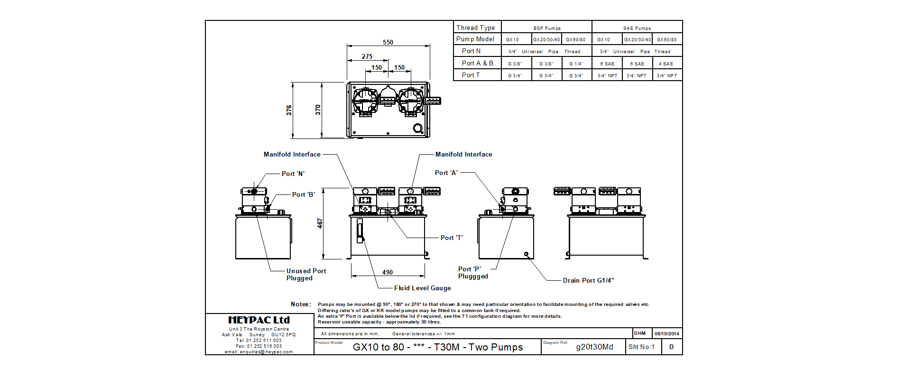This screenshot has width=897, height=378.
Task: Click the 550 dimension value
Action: coord(388,42)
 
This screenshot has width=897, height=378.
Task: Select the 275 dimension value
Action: coord(367,56)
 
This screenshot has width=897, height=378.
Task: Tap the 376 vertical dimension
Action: coord(289,110)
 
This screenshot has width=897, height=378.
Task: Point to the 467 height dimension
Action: coord(320,223)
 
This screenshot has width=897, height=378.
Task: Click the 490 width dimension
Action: coord(388,272)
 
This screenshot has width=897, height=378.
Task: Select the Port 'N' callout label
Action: coord(293,174)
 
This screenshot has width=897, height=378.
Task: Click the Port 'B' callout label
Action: coord(304,194)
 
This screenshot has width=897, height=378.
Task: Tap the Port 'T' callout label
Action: coord(452,238)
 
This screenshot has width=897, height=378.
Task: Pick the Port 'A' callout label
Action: coord(446,173)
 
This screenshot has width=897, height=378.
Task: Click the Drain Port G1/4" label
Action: coord(588,280)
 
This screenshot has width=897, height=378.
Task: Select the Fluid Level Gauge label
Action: coord(422,288)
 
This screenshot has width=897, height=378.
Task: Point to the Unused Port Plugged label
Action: coord(305,275)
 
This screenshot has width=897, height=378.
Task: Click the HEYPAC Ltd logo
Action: coord(259,320)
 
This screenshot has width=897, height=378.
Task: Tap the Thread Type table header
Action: coord(475,28)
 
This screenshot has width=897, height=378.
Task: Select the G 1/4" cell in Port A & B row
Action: coord(576,64)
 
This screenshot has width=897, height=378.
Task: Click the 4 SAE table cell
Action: coord(666,64)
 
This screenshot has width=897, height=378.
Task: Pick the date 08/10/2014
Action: coord(667,333)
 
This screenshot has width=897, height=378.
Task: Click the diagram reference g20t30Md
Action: coord(594,347)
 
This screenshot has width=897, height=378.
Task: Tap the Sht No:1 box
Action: coord(641,347)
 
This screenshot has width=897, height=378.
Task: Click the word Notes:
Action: coord(301,304)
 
